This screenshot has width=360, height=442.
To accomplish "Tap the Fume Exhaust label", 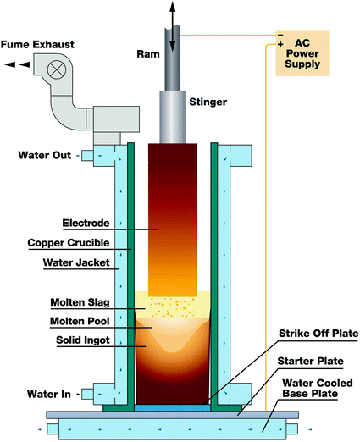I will (37, 42).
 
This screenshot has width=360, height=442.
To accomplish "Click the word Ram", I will (147, 54).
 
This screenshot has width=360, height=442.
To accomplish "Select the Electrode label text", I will (87, 224).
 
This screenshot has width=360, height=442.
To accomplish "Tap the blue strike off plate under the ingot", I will (179, 408).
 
